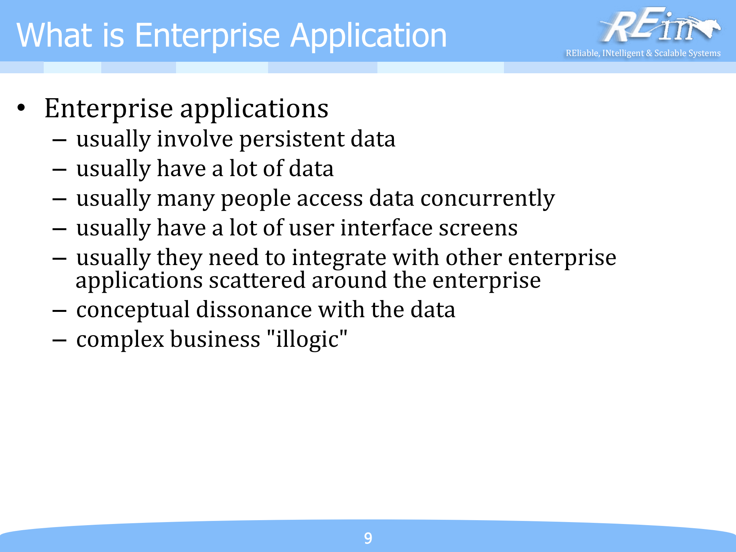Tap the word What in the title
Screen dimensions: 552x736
(x=54, y=35)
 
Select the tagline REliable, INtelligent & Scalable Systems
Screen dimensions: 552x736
(x=643, y=53)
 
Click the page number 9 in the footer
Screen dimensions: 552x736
(x=368, y=538)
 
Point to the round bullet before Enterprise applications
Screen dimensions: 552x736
(x=21, y=108)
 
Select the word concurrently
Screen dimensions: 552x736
(x=487, y=199)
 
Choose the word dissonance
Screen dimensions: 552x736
(x=254, y=310)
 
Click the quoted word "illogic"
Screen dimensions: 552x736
(x=307, y=339)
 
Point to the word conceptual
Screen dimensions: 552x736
(x=133, y=310)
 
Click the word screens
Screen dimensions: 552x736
(x=478, y=228)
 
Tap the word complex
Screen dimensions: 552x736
(x=120, y=340)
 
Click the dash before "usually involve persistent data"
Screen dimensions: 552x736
(x=59, y=140)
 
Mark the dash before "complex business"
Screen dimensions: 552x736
(x=59, y=340)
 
